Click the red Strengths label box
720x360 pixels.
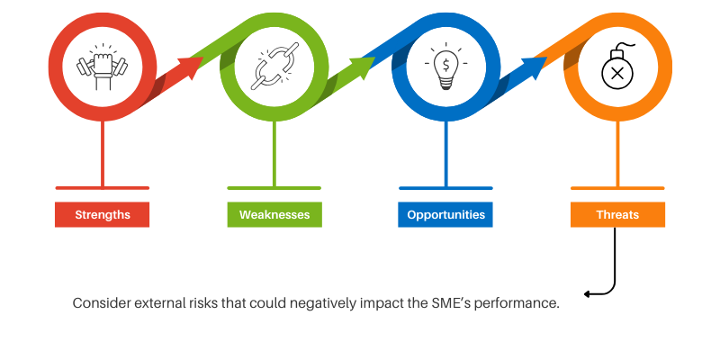click(x=102, y=215)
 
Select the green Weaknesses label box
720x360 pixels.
click(x=274, y=215)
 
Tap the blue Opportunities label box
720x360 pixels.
click(x=445, y=215)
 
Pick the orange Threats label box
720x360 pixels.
click(x=617, y=215)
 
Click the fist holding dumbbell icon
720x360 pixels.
click(x=102, y=68)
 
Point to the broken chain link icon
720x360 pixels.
click(x=274, y=68)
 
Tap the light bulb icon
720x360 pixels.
click(x=445, y=68)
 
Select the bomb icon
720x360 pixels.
click(x=617, y=68)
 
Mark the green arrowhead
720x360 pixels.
click(x=363, y=65)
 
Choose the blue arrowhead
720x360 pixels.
click(x=535, y=65)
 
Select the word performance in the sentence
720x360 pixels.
click(x=521, y=303)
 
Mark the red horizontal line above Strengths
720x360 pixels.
click(x=102, y=187)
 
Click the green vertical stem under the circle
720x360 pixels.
click(x=274, y=153)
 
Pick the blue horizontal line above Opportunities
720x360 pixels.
click(x=445, y=187)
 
